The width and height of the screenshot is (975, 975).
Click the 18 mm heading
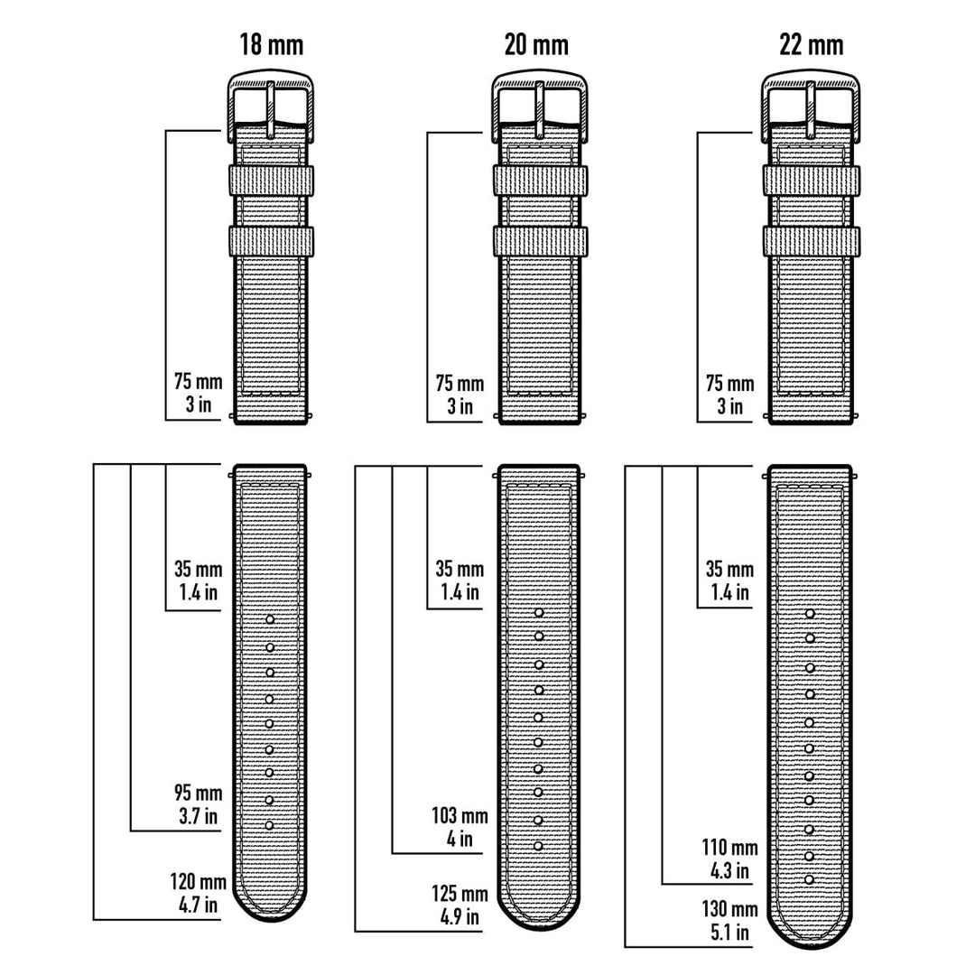click(271, 43)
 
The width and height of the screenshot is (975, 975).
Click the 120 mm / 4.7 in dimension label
click(197, 892)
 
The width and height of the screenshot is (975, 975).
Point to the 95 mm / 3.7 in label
click(197, 804)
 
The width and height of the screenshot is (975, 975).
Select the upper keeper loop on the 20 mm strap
click(540, 180)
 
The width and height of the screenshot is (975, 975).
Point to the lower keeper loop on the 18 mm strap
click(271, 240)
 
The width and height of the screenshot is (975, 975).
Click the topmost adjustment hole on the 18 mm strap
click(270, 619)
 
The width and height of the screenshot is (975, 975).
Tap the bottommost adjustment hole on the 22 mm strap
click(810, 879)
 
